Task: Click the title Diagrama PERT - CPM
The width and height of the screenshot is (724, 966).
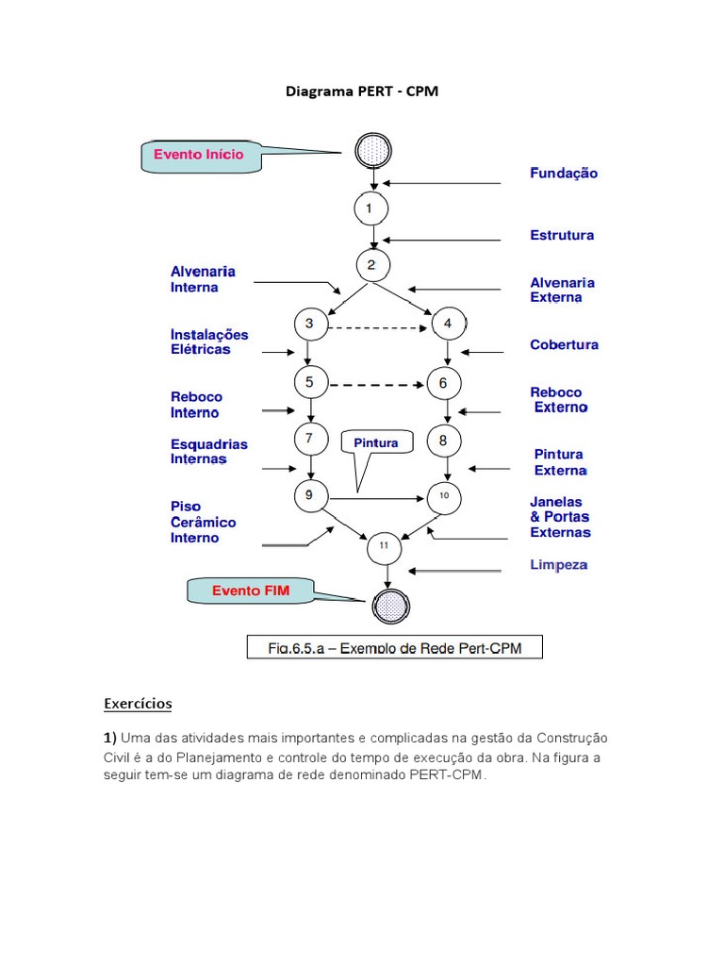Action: [x=362, y=92]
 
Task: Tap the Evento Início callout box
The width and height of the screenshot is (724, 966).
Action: [x=201, y=157]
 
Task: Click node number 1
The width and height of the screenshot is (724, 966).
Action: [x=371, y=208]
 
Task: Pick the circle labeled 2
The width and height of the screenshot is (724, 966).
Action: [x=373, y=265]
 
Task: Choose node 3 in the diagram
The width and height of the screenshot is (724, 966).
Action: [x=310, y=325]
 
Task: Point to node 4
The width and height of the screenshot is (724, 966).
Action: [x=448, y=325]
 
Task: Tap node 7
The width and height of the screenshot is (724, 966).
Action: [x=310, y=439]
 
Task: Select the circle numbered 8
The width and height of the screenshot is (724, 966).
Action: [x=443, y=440]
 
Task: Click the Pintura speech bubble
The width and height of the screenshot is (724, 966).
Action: [x=376, y=443]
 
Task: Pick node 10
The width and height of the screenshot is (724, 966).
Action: [x=444, y=496]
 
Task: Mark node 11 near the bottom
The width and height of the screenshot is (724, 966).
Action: [x=384, y=546]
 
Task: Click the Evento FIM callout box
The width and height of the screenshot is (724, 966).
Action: [x=251, y=591]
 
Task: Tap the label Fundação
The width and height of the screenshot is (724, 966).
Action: [x=564, y=174]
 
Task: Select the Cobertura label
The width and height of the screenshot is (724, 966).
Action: [x=564, y=345]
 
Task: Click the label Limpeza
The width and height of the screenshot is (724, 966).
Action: [x=559, y=565]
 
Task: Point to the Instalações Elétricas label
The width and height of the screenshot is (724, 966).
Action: [x=209, y=341]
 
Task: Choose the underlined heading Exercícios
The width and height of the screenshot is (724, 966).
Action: [x=138, y=704]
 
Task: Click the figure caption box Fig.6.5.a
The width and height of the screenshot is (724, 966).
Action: [x=395, y=647]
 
